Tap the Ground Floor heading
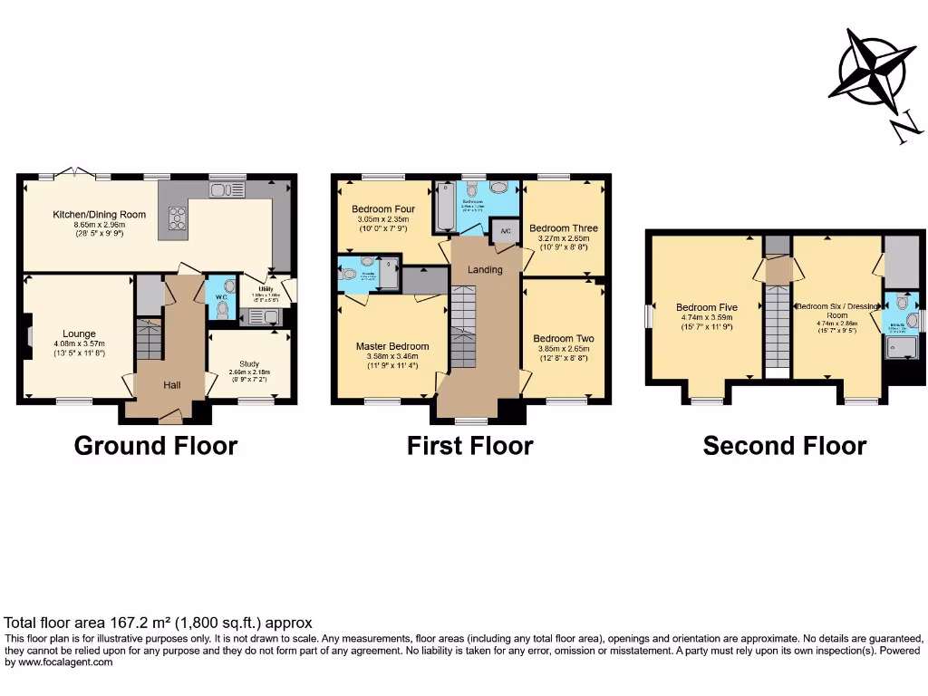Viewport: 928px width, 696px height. [155, 446]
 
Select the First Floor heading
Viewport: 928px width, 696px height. [469, 446]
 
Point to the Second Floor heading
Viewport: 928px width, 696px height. [784, 446]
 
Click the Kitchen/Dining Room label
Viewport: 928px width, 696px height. [87, 215]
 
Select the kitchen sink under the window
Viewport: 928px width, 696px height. [227, 189]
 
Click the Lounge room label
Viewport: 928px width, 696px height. [79, 333]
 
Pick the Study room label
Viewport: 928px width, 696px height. [249, 364]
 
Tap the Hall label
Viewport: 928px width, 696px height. [171, 385]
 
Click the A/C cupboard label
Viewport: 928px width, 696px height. [505, 230]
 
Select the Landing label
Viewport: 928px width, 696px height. [485, 270]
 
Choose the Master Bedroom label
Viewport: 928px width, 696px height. [392, 346]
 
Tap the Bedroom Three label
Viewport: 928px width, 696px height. [564, 228]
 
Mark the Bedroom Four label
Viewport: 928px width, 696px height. [383, 208]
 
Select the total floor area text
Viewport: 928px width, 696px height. [159, 623]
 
